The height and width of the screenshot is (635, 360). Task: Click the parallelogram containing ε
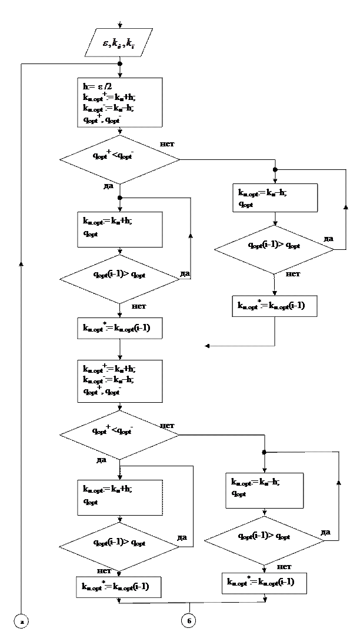[119, 42]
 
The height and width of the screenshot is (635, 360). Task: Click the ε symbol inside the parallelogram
[106, 43]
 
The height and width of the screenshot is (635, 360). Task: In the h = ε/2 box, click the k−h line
[109, 108]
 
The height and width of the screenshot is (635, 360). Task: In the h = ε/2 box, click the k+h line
[109, 97]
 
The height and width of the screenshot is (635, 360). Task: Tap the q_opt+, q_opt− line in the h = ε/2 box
[102, 119]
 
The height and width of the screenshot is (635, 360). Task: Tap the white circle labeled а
[21, 620]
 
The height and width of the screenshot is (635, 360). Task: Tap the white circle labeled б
[188, 620]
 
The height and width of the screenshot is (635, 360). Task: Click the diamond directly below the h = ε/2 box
[119, 159]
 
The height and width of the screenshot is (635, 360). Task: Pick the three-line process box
[119, 381]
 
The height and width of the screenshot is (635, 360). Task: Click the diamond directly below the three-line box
[119, 435]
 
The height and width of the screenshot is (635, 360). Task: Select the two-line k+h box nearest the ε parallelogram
[119, 229]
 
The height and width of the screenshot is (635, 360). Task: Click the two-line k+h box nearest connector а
[119, 497]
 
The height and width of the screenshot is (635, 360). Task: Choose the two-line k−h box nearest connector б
[265, 490]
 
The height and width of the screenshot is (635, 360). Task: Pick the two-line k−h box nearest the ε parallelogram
[275, 198]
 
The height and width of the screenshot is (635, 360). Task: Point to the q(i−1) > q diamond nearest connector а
[119, 546]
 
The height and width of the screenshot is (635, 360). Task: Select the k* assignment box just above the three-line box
[119, 328]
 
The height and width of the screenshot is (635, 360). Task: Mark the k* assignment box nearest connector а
[118, 587]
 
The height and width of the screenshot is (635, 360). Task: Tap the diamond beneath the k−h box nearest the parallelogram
[274, 249]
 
